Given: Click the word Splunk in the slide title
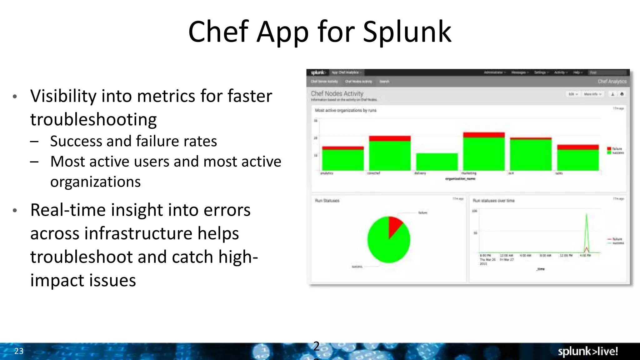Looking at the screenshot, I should click(407, 32).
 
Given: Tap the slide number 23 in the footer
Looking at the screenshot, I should click(19, 351).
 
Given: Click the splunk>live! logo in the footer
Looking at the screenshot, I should click(587, 351).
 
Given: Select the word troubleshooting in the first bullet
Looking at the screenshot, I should click(93, 120).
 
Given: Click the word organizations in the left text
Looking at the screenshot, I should click(96, 182).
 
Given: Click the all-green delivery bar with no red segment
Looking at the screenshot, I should click(437, 162).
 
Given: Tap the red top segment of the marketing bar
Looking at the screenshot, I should click(484, 135).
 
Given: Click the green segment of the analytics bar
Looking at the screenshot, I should click(343, 160).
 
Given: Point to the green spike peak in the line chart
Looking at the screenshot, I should click(587, 215).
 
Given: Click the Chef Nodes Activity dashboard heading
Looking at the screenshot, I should click(337, 93).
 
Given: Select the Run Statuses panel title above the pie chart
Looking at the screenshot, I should click(327, 201).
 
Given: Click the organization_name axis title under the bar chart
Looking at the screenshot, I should click(460, 179).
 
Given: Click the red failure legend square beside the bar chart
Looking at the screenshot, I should click(609, 148).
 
